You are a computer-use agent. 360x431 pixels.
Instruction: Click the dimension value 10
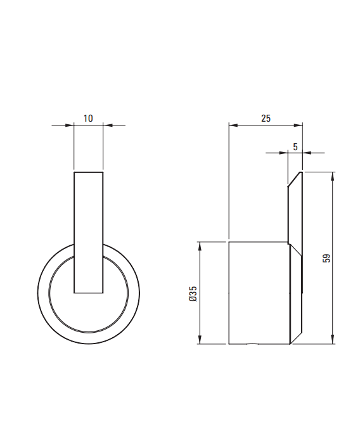(x=88, y=119)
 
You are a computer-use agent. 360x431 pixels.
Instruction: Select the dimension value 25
(x=266, y=119)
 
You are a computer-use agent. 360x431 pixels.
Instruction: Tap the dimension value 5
(x=295, y=147)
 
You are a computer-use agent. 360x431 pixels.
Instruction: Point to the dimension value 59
(x=326, y=258)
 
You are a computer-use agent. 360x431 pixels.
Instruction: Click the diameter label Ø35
(x=193, y=294)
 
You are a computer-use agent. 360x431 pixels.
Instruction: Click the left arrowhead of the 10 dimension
(x=70, y=125)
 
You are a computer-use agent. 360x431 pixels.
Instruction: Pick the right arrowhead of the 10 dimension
(x=108, y=125)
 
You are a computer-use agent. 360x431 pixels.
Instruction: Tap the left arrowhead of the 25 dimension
(x=233, y=125)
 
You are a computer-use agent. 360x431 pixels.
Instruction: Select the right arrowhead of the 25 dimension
(x=298, y=125)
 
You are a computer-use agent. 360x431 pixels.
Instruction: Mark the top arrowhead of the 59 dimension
(x=333, y=177)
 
